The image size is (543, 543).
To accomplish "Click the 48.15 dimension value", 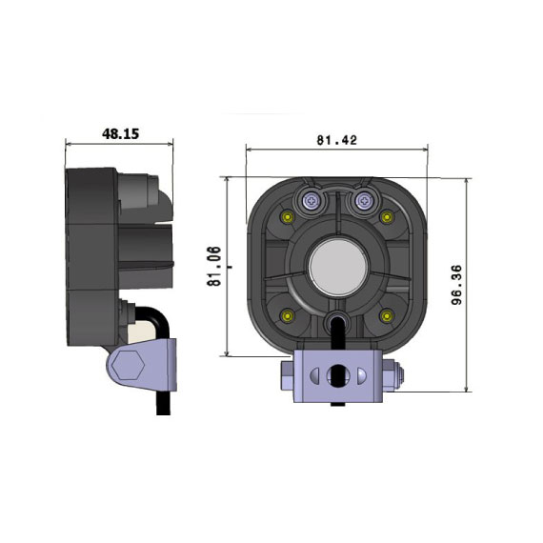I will click(120, 134).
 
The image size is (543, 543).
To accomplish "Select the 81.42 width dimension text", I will click(335, 140).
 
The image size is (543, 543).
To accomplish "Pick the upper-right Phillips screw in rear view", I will click(362, 200).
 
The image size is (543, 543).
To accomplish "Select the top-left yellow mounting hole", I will click(286, 219).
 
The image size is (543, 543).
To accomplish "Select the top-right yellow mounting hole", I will click(387, 219).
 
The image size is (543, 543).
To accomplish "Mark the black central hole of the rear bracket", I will click(336, 371).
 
